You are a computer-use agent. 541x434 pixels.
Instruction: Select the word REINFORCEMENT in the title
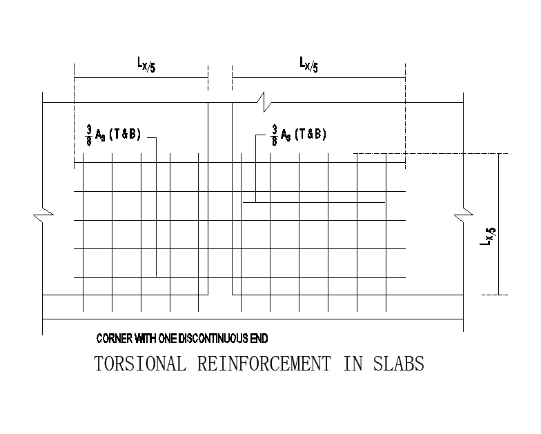(x=265, y=364)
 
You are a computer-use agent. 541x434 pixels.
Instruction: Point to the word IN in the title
(x=352, y=364)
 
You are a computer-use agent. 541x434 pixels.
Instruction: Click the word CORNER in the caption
(x=113, y=339)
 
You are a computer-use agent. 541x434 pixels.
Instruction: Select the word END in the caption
(x=257, y=339)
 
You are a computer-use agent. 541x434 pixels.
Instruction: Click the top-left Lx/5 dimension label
(x=144, y=65)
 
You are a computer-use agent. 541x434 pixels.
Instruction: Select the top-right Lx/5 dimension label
(x=308, y=65)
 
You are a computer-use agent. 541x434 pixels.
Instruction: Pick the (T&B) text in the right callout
(x=311, y=134)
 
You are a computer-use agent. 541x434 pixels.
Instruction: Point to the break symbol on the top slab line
(x=266, y=102)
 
